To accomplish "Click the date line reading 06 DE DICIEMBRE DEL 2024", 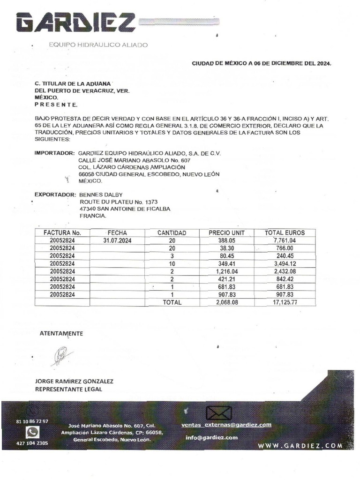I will [262, 63].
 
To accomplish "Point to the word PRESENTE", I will [56, 105].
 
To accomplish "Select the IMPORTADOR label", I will [55, 153].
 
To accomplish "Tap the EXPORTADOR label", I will [55, 194].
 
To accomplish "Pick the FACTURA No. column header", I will [62, 232].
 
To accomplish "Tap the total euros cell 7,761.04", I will [285, 240].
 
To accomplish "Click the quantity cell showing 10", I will [172, 264].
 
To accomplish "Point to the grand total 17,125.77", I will [285, 302].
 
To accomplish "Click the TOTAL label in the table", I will [172, 302].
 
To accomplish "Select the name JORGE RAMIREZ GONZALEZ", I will [74, 382].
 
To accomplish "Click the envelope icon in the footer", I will [219, 413].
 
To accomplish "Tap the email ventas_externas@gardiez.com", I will [226, 425].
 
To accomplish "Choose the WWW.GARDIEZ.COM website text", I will [300, 445].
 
